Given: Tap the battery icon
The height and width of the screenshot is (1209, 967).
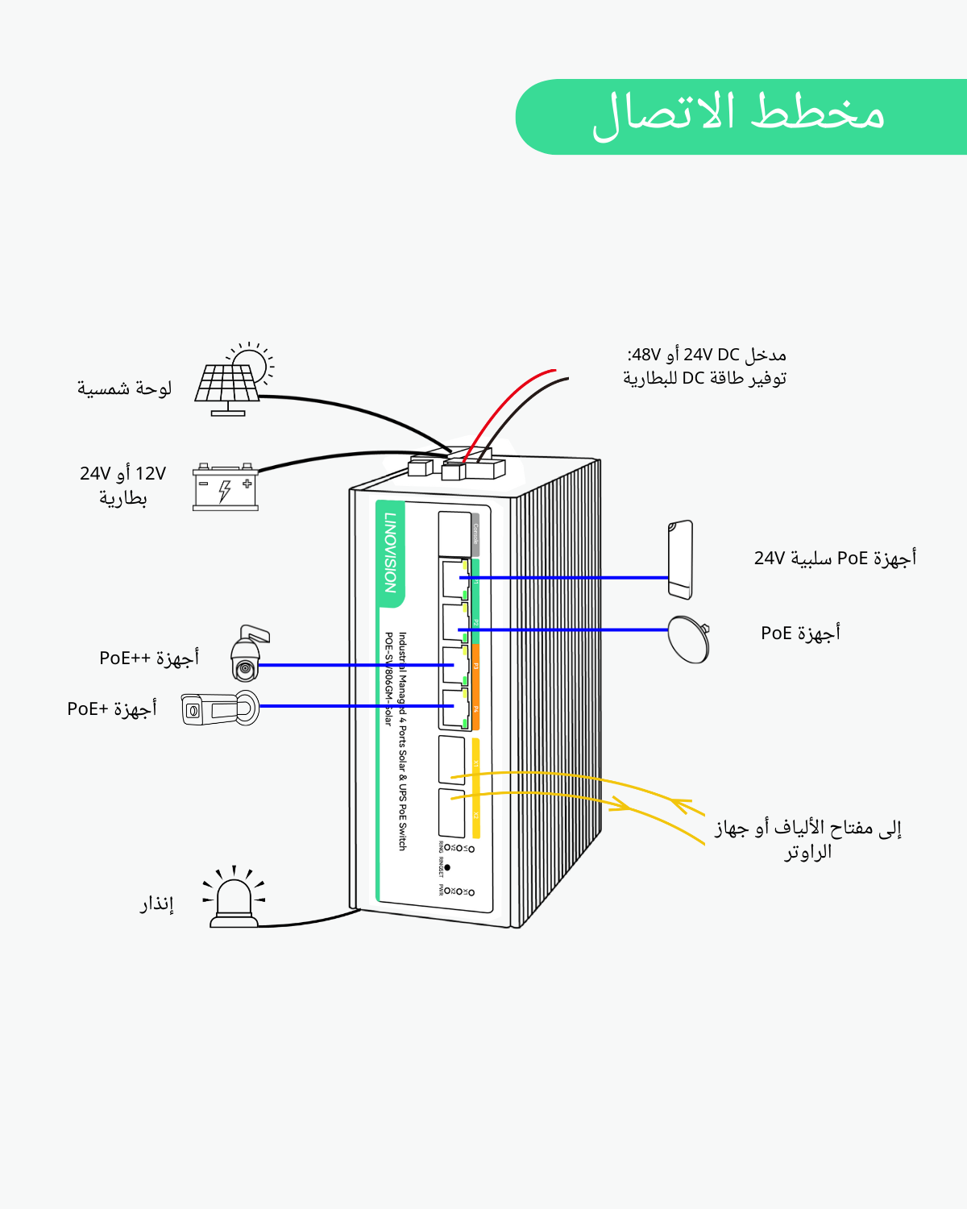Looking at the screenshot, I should tap(226, 487).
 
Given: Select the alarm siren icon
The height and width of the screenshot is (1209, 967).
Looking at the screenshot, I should tap(234, 899).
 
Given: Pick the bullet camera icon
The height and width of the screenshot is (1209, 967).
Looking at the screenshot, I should tap(219, 709).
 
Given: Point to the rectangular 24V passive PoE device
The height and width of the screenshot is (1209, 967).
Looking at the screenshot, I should tap(680, 559).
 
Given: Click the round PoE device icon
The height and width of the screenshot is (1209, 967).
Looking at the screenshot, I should tap(689, 639).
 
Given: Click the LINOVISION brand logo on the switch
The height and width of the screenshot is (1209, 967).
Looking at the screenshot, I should tap(391, 553).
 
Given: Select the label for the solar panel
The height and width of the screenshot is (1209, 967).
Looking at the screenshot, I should tap(124, 388).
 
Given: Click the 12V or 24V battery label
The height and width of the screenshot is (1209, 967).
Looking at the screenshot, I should tap(122, 485).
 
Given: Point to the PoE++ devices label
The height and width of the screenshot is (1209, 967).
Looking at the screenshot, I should tap(149, 658).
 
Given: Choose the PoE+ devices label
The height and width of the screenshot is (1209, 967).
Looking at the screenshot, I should tap(112, 708).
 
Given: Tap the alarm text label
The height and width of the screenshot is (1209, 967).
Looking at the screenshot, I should tap(156, 904).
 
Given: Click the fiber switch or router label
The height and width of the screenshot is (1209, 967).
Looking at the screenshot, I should tap(807, 839).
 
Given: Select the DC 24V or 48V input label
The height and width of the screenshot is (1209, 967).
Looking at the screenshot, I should tap(705, 366).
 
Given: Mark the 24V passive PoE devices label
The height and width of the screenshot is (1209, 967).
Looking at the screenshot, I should tap(835, 558).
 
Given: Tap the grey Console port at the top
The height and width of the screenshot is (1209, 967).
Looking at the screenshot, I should tap(455, 532).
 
